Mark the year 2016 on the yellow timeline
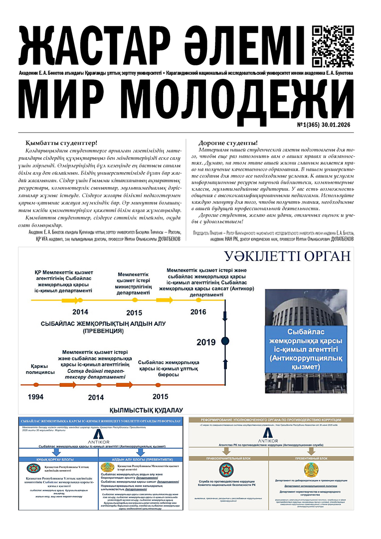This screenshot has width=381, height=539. click(x=198, y=312)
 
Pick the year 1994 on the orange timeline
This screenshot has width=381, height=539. click(x=35, y=397)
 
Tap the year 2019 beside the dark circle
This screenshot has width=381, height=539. click(x=206, y=342)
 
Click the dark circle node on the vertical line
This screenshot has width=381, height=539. click(x=225, y=341)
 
